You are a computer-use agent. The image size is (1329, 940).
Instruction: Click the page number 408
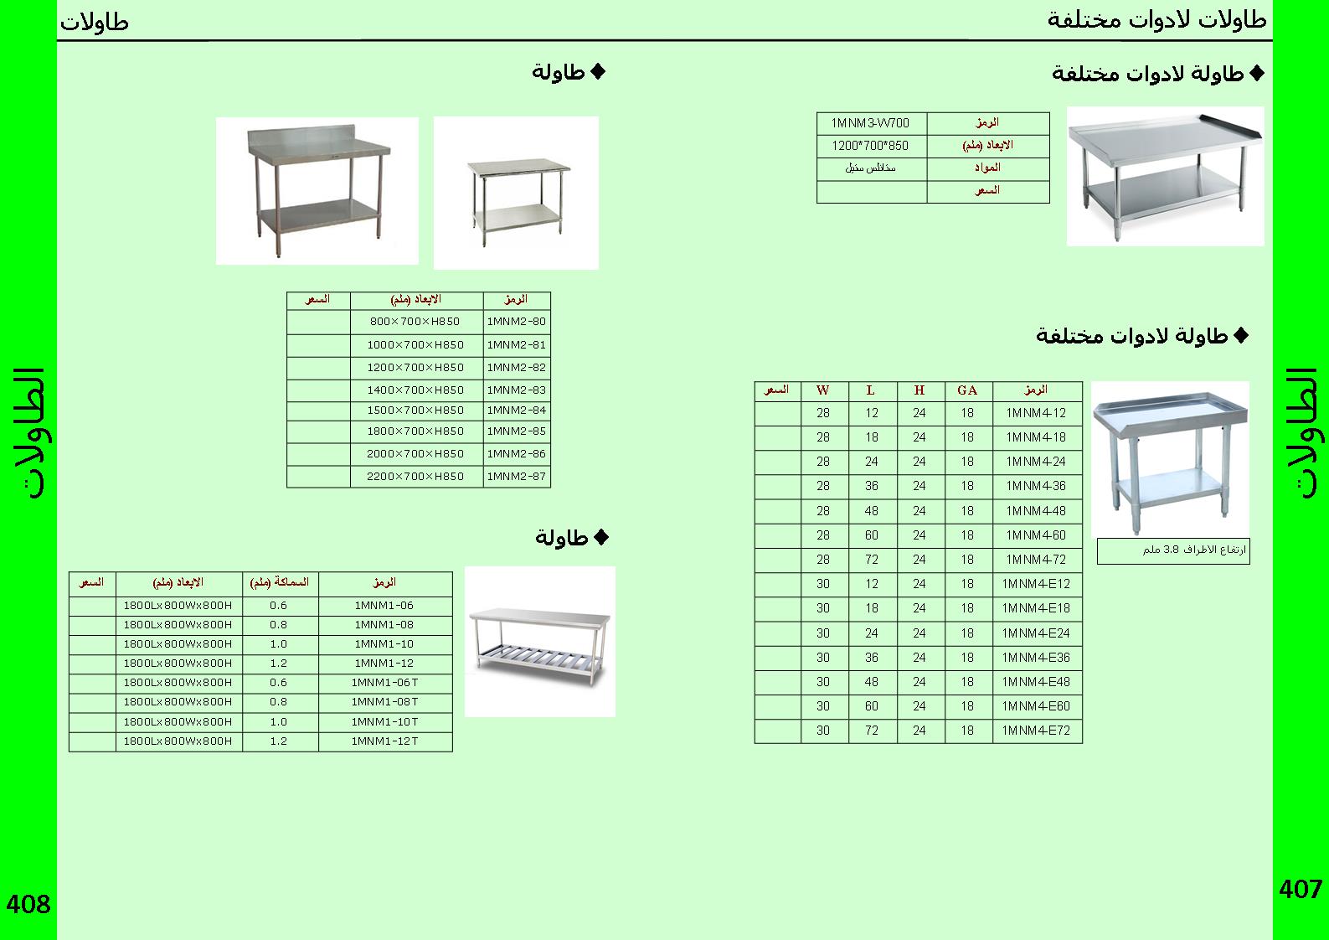point(28,905)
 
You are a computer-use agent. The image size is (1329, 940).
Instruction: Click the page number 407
point(1300,889)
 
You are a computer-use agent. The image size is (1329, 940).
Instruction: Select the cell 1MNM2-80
point(517,322)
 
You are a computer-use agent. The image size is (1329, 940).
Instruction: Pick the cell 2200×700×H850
point(415,477)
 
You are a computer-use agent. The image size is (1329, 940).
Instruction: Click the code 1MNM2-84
point(517,411)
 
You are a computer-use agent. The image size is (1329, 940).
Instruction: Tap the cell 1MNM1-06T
point(384,683)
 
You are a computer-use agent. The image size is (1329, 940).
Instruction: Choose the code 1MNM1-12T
point(384,741)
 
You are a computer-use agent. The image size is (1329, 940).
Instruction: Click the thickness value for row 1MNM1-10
point(279,644)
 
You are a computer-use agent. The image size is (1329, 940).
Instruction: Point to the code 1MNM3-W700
point(870,123)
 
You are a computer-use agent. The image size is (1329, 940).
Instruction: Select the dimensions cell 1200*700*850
point(870,146)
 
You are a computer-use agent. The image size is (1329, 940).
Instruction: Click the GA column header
point(967,390)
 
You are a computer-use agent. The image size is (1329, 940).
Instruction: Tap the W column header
point(823,390)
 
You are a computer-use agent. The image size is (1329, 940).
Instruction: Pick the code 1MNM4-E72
point(1037,731)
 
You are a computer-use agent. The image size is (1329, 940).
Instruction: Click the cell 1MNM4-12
point(1037,413)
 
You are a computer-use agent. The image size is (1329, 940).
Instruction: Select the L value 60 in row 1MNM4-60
point(872,535)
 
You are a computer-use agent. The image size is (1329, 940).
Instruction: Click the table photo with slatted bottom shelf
point(540,641)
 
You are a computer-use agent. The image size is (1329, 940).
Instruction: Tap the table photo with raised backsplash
point(317,191)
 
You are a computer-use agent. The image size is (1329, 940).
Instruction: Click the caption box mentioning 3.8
point(1172,551)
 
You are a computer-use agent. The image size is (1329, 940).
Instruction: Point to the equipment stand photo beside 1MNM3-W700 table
point(1165,176)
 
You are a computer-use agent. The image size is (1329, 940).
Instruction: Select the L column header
point(871,390)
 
